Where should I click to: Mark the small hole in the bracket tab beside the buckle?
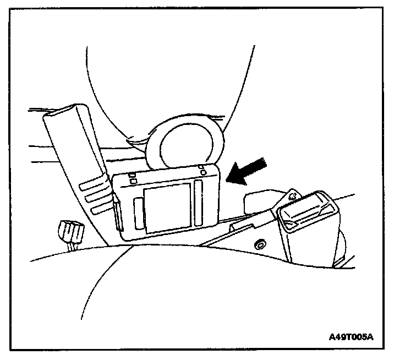[x=293, y=195]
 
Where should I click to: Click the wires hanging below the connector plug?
[x=70, y=246]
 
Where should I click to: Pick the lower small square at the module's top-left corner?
[x=134, y=181]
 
